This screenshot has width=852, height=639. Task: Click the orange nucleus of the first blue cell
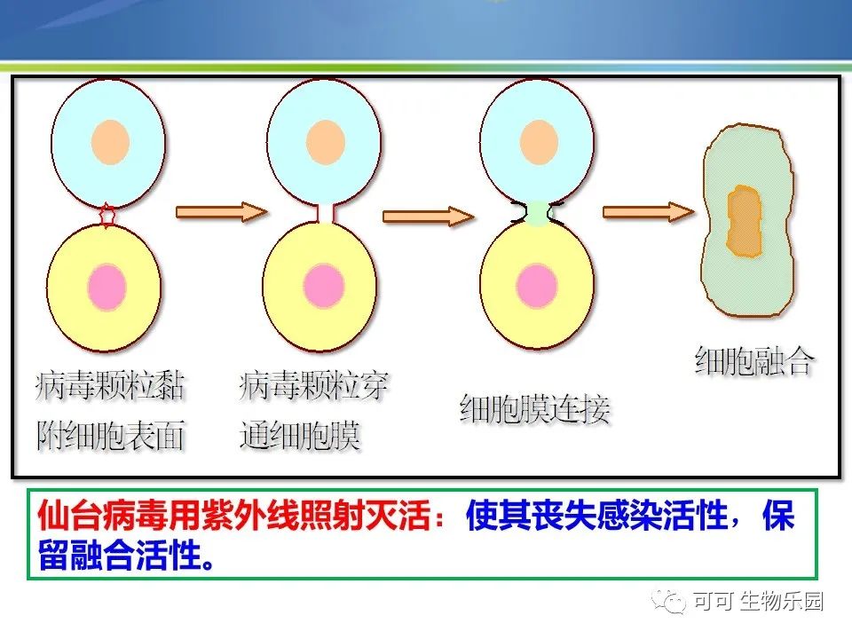click(x=110, y=142)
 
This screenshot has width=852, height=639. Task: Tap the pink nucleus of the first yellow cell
click(x=107, y=287)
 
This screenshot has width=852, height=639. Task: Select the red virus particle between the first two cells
click(x=107, y=215)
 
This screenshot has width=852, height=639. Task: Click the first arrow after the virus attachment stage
click(x=222, y=211)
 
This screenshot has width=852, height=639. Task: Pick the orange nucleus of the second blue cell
click(x=326, y=142)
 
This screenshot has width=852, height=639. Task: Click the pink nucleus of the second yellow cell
click(x=324, y=287)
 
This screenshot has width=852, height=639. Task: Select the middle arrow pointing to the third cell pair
click(x=429, y=217)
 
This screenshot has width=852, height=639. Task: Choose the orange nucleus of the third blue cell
click(x=539, y=142)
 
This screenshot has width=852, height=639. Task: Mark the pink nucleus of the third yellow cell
click(x=537, y=286)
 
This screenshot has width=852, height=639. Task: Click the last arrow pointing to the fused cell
click(x=649, y=211)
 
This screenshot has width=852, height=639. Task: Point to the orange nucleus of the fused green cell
click(x=744, y=221)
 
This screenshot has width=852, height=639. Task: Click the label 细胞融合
click(x=754, y=361)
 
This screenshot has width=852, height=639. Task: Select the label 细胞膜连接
click(x=534, y=408)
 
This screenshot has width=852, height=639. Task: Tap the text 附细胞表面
click(x=110, y=435)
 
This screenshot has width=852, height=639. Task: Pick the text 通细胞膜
click(x=299, y=435)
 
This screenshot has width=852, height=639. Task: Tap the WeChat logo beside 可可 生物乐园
click(x=669, y=602)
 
